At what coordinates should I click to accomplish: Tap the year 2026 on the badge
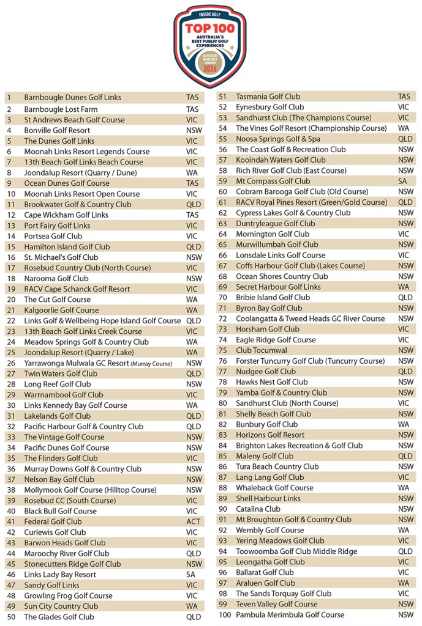pyautogui.click(x=211, y=69)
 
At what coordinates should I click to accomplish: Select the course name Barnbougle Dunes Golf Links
pyautogui.click(x=72, y=98)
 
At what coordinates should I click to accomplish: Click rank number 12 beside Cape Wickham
pyautogui.click(x=11, y=215)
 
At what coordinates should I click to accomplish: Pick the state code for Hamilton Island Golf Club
pyautogui.click(x=193, y=247)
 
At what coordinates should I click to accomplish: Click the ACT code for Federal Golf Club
pyautogui.click(x=193, y=522)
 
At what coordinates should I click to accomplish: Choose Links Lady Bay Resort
pyautogui.click(x=60, y=575)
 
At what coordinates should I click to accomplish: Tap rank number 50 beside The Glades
pyautogui.click(x=11, y=617)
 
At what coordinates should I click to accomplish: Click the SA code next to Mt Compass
pyautogui.click(x=403, y=182)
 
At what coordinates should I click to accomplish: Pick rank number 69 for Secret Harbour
pyautogui.click(x=223, y=287)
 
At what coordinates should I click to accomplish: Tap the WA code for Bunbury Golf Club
pyautogui.click(x=404, y=425)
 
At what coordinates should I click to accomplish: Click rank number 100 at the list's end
pyautogui.click(x=225, y=615)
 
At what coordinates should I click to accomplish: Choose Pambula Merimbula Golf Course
pyautogui.click(x=290, y=615)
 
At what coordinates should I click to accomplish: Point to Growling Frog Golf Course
pyautogui.click(x=68, y=596)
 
